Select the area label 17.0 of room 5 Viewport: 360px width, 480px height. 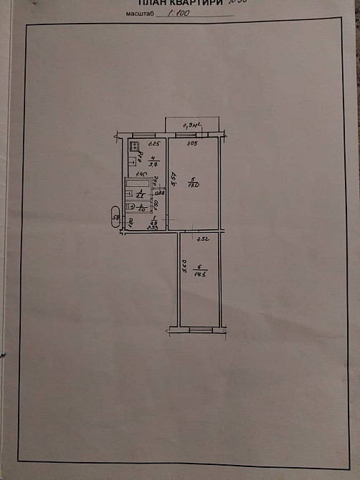[192, 186]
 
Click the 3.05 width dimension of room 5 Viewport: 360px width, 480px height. [191, 145]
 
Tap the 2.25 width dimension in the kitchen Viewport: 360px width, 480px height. [152, 145]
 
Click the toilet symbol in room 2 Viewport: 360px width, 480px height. [131, 208]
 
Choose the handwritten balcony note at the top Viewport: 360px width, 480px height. [190, 123]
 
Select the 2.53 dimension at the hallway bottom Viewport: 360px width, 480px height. [152, 228]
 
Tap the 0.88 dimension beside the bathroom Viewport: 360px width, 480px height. [160, 193]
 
